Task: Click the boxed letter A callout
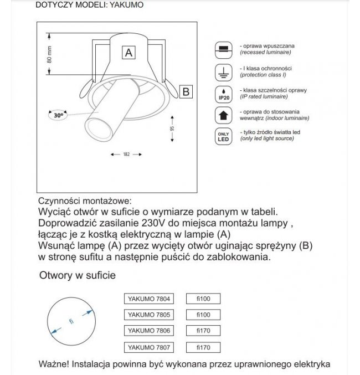(x=128, y=53)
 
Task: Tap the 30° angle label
(x=58, y=115)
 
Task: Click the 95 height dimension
(x=173, y=129)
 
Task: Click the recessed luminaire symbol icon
(x=223, y=48)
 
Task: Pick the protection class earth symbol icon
(x=223, y=71)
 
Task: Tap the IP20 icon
(x=223, y=93)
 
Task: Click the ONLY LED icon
(x=223, y=137)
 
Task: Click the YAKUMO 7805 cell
(x=148, y=315)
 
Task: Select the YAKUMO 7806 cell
(x=148, y=331)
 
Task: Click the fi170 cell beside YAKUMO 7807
(x=203, y=348)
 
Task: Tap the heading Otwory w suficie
(x=78, y=275)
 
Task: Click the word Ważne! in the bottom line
(x=55, y=364)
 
